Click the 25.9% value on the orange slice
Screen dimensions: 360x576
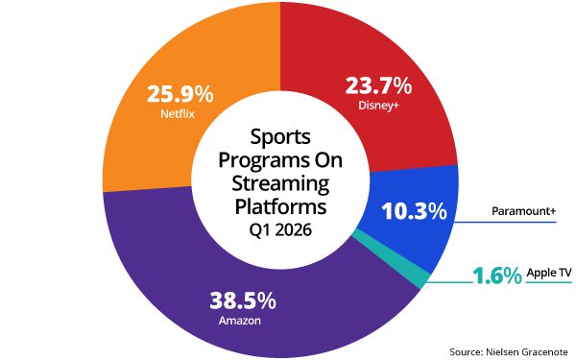pyautogui.click(x=180, y=95)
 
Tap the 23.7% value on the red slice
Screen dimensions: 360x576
pyautogui.click(x=378, y=85)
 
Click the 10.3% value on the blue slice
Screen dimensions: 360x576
pyautogui.click(x=414, y=210)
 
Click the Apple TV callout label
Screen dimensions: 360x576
pyautogui.click(x=549, y=274)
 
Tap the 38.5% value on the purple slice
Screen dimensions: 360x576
pyautogui.click(x=243, y=300)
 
